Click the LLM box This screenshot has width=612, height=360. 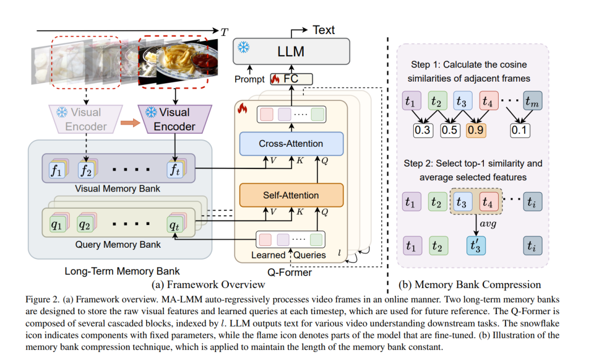point(290,52)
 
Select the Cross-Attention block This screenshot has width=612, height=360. point(291,143)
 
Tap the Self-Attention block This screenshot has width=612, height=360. point(291,195)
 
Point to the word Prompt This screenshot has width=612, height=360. point(250,79)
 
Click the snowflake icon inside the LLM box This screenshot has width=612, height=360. point(244,48)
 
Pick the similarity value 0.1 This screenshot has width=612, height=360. point(519,130)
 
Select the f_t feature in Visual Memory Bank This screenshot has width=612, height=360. point(175,169)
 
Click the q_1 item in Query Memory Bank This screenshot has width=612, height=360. point(56,224)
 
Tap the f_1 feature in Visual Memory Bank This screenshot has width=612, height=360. point(56,169)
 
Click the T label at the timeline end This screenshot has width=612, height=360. point(224,32)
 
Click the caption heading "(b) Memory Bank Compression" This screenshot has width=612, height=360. point(470,284)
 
